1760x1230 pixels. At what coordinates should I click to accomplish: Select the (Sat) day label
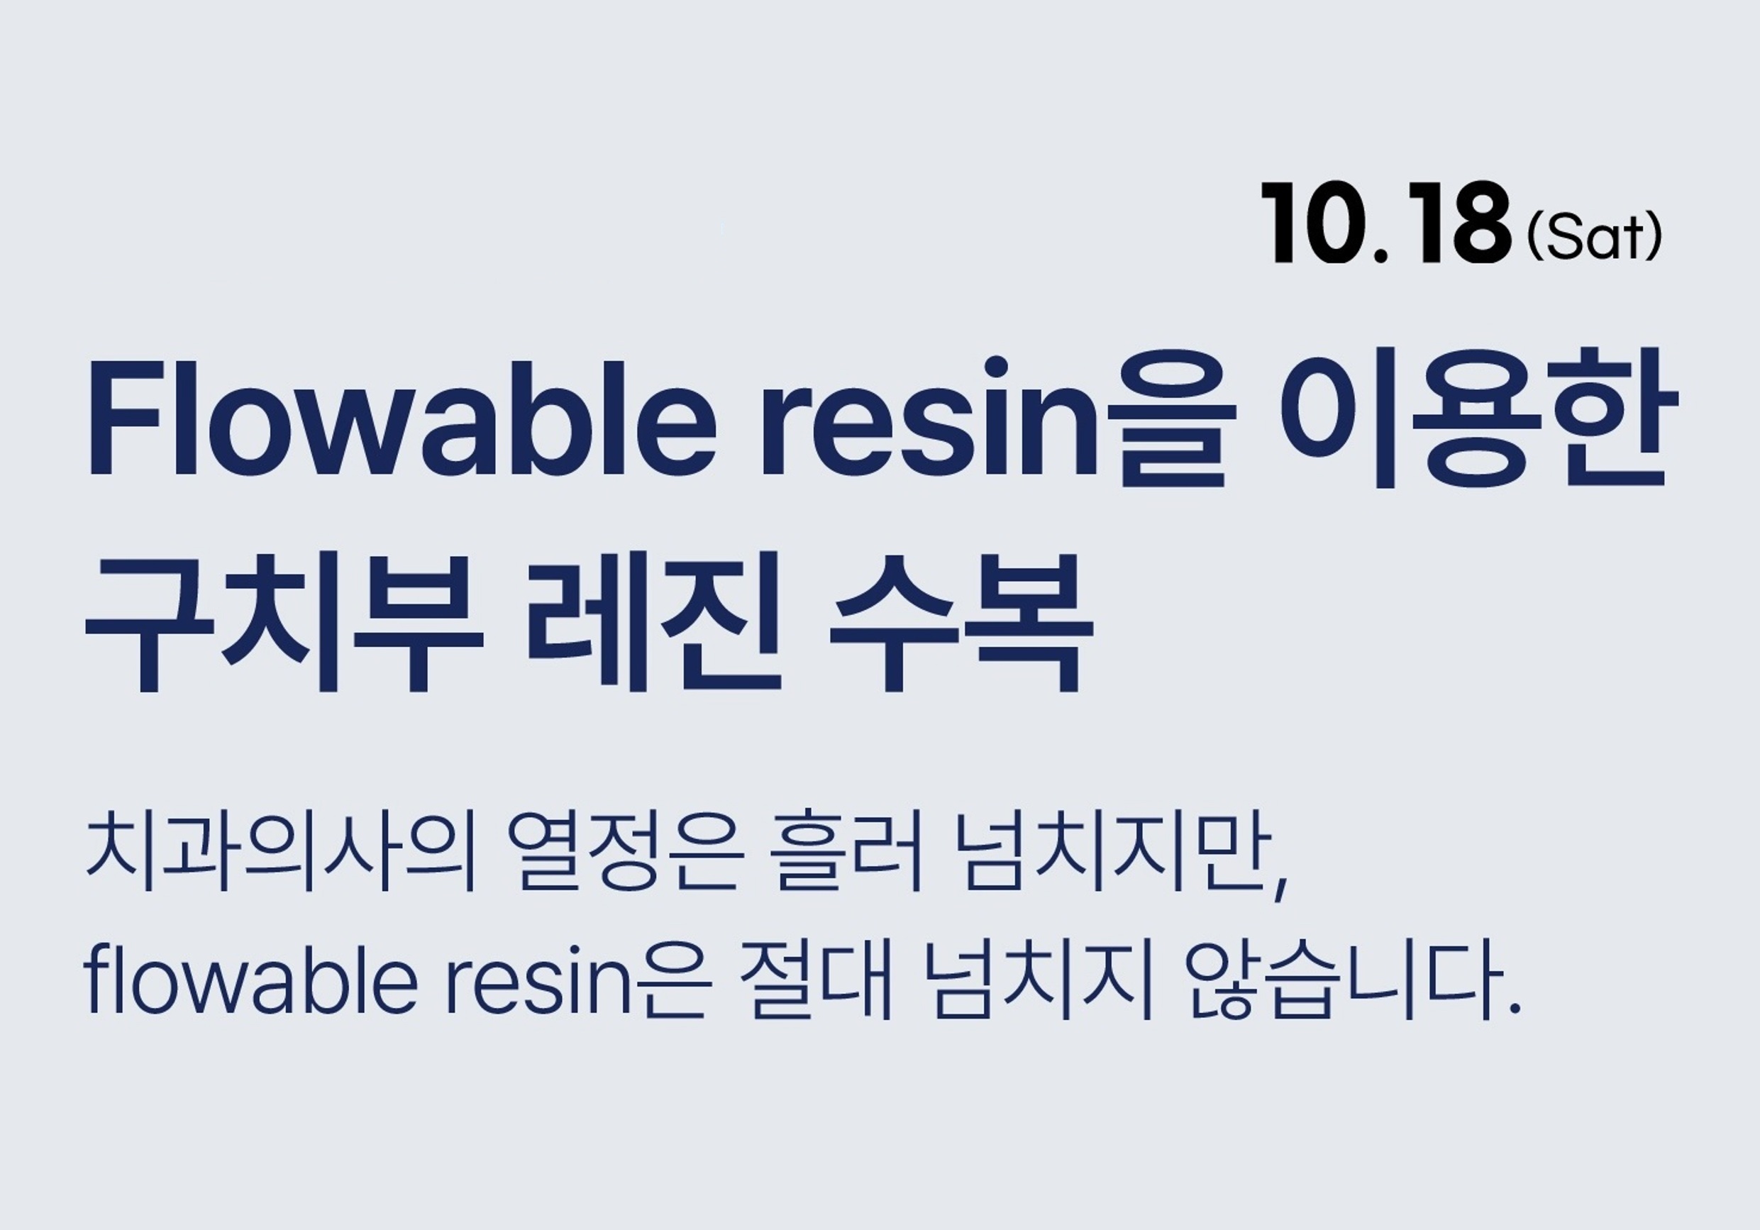point(1595,238)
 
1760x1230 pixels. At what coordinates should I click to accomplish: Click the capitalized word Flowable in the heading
point(403,417)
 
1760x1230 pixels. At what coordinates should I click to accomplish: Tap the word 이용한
point(1480,416)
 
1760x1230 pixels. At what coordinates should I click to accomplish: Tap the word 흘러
point(848,852)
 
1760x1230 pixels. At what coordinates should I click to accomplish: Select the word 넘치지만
point(1112,852)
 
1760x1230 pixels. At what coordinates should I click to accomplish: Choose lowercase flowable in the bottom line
point(250,980)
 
